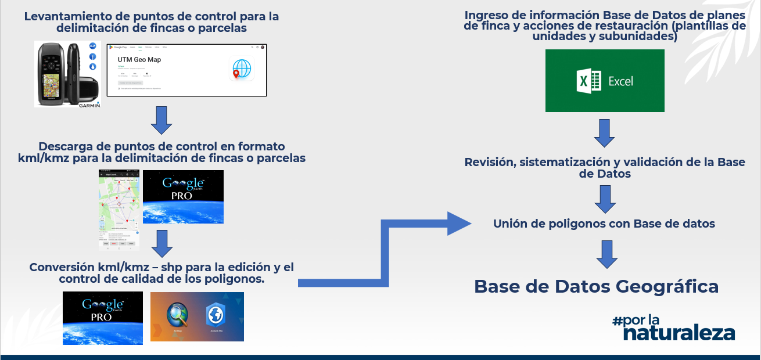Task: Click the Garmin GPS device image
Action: pyautogui.click(x=67, y=74)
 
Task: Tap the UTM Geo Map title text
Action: pyautogui.click(x=139, y=59)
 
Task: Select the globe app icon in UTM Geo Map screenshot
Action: pyautogui.click(x=241, y=69)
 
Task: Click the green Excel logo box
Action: pyautogui.click(x=605, y=81)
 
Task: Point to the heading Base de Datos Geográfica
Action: pyautogui.click(x=596, y=286)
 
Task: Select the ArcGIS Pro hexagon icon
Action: pyautogui.click(x=216, y=315)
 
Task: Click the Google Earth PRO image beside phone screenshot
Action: pyautogui.click(x=183, y=197)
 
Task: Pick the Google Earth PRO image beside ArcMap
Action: pyautogui.click(x=103, y=318)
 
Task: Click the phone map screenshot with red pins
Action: pyautogui.click(x=119, y=209)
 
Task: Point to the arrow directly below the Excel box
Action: pyautogui.click(x=605, y=134)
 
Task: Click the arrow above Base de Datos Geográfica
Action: pyautogui.click(x=606, y=254)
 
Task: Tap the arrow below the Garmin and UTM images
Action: pyautogui.click(x=161, y=120)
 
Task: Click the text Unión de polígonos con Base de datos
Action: pyautogui.click(x=604, y=224)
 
